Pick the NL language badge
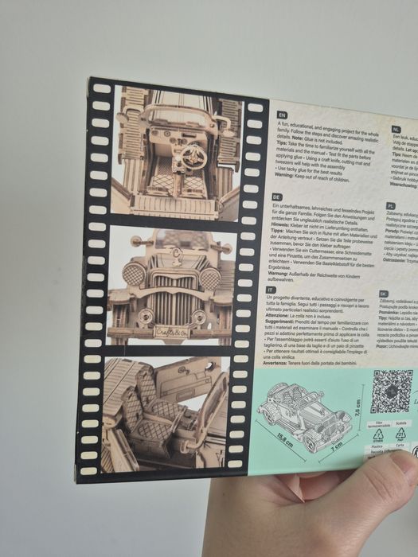click(x=396, y=129)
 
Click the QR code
click(x=390, y=391)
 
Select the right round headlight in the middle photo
click(x=209, y=278)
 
